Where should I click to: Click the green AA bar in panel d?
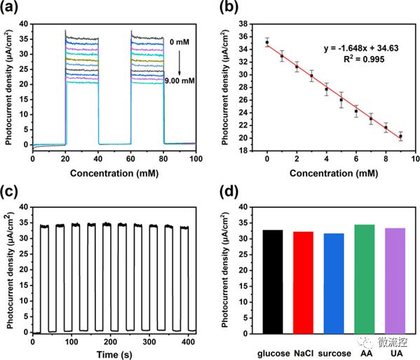[365, 279]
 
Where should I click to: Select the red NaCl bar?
[303, 283]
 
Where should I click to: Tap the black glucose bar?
[273, 282]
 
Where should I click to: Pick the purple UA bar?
[395, 281]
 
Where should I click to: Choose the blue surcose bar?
[334, 284]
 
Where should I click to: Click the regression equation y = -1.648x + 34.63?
[361, 48]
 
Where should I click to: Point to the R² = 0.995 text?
[364, 59]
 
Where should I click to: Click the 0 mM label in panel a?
[179, 42]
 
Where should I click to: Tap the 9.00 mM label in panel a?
[179, 81]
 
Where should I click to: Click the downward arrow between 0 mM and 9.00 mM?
[179, 62]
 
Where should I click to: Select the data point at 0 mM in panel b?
[267, 42]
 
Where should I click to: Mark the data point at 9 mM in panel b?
[400, 137]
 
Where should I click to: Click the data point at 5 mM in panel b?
[341, 100]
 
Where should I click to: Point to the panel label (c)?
[9, 192]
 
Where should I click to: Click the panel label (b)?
[229, 7]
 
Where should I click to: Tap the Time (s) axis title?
[114, 354]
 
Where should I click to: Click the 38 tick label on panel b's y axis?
[243, 24]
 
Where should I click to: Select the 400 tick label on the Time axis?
[189, 342]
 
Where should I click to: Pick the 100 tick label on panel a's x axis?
[196, 159]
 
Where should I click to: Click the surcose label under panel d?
[334, 354]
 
